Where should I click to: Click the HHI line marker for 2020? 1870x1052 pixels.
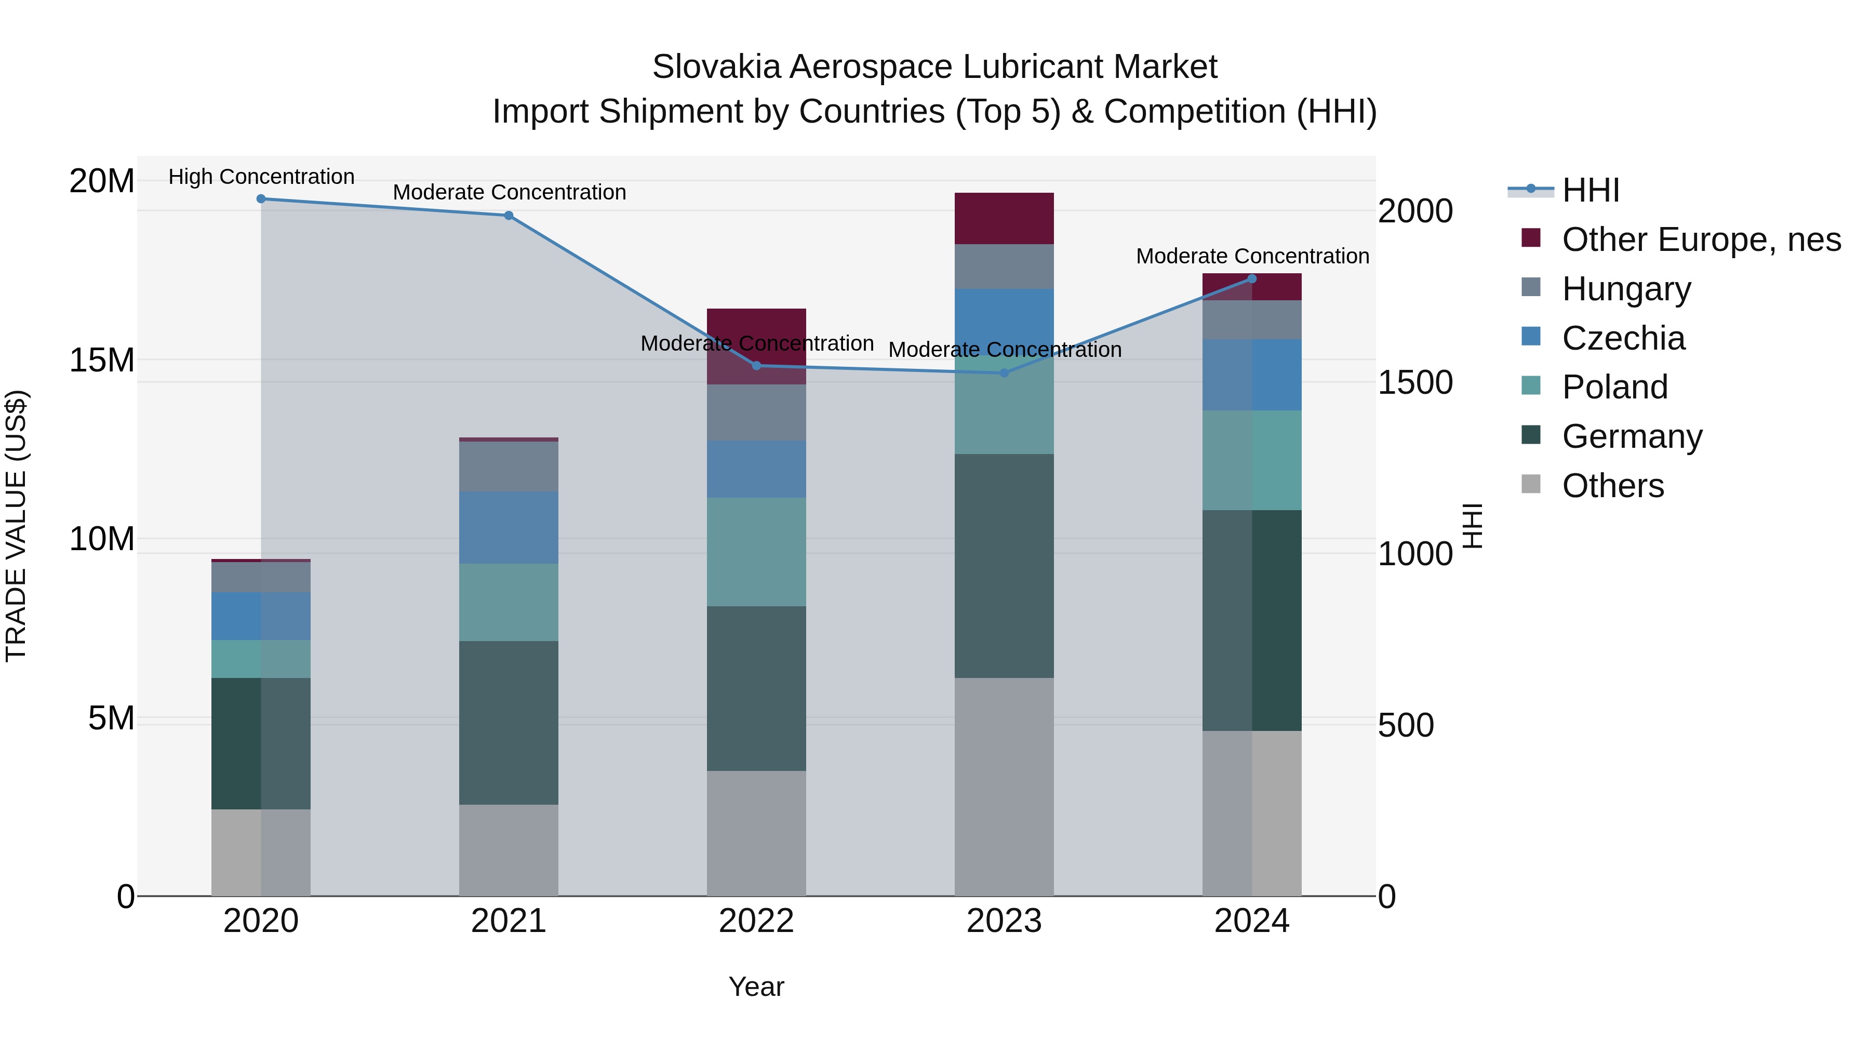pos(261,199)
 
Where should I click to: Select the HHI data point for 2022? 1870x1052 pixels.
pos(756,366)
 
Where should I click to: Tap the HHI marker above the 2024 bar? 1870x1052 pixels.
pos(1251,279)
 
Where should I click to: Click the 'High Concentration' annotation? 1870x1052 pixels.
pos(261,177)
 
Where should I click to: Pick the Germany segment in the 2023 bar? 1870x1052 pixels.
pos(1004,566)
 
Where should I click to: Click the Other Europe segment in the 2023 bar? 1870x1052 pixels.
pos(1004,219)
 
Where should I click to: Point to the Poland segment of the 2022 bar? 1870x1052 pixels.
pos(756,552)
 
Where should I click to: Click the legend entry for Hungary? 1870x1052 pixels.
pos(1626,289)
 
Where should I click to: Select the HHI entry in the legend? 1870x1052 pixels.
pos(1590,190)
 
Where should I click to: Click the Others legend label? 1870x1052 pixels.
pos(1612,486)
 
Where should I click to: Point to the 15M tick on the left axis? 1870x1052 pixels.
pos(102,360)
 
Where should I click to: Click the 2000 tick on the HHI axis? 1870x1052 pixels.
pos(1415,211)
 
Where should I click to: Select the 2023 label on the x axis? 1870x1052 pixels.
pos(1004,921)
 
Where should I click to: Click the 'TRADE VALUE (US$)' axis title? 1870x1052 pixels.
pos(16,526)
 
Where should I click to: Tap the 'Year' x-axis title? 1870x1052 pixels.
pos(756,987)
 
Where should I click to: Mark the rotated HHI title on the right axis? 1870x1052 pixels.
pos(1472,526)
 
